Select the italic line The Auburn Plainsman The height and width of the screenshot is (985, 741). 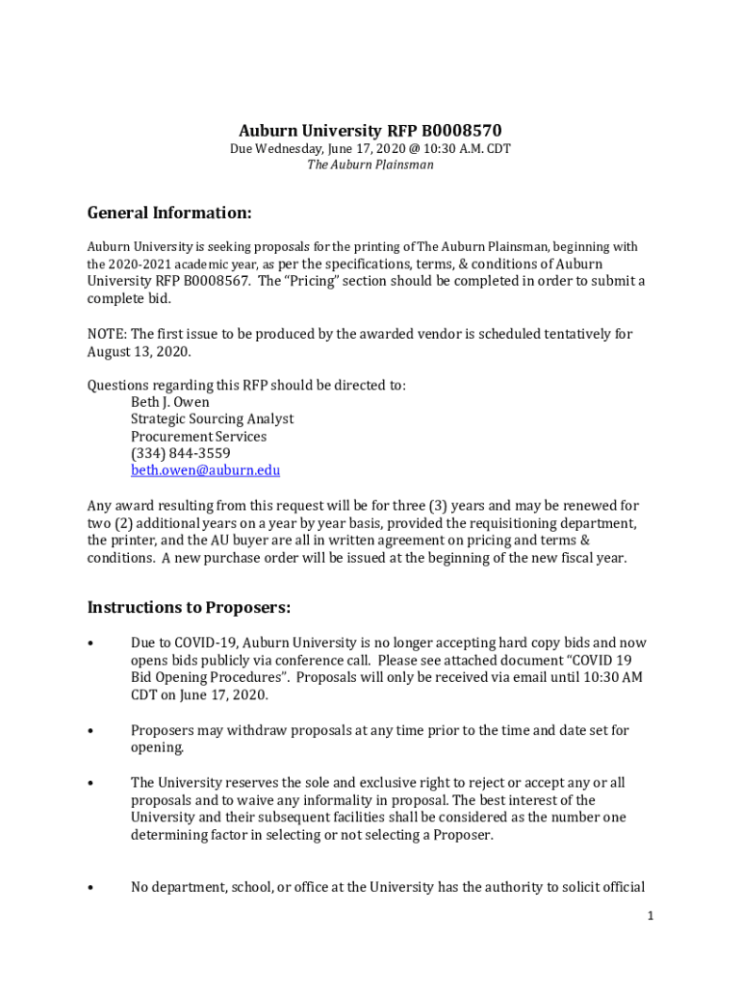pos(370,164)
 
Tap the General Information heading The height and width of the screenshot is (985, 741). pos(169,213)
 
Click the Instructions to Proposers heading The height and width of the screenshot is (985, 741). pos(189,608)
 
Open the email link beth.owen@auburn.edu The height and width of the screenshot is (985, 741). pos(205,470)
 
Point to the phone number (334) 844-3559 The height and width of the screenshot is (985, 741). pos(180,453)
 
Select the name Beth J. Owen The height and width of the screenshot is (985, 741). pos(169,401)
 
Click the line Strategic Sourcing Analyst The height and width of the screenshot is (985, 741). pos(212,418)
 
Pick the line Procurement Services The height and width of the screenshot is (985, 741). pos(198,436)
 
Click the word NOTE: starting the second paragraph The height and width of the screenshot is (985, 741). pos(107,334)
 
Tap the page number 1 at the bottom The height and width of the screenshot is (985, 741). pos(651,917)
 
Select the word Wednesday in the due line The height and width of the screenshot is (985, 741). pos(287,149)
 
